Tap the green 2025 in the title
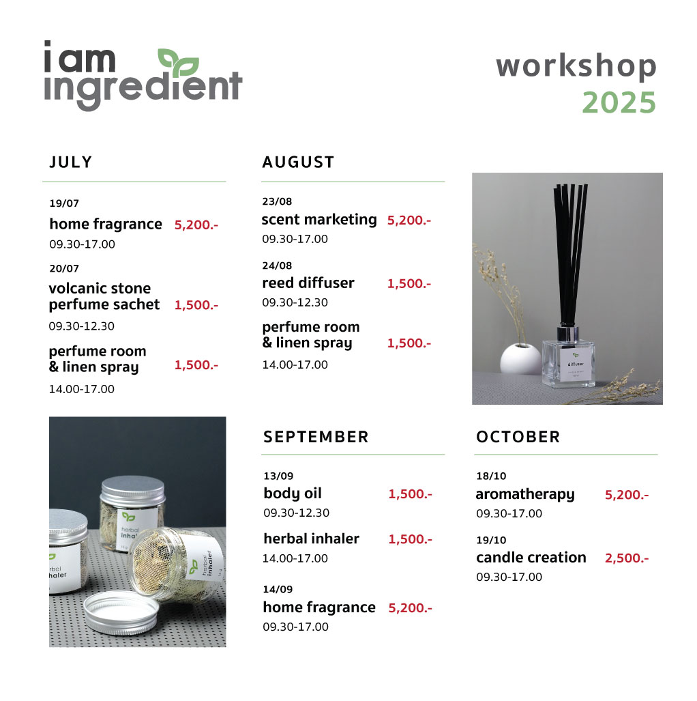pos(619,103)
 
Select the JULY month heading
pos(71,162)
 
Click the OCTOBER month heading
pos(518,437)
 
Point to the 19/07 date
pos(64,203)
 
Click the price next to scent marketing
pos(409,220)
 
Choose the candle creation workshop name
pos(531,558)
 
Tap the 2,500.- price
pos(626,558)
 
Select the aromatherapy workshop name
pos(525,494)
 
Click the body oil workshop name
pos(292,493)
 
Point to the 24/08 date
pos(277,266)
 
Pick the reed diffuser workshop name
pos(308,283)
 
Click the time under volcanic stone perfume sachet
pos(81,326)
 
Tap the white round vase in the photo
pos(520,358)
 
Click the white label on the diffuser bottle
pos(576,364)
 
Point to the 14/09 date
pos(278,589)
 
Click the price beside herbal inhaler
pos(410,540)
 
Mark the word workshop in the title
pos(576,66)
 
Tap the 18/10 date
pos(491,476)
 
